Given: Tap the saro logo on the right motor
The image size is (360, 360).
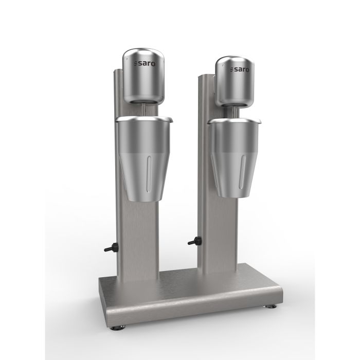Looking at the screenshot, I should [239, 69].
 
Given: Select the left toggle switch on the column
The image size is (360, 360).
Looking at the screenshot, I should [109, 248].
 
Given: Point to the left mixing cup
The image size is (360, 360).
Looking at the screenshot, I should [142, 154].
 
